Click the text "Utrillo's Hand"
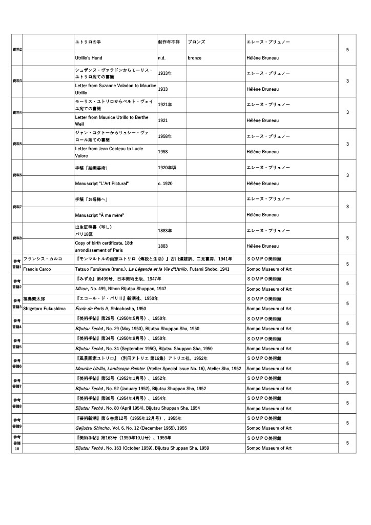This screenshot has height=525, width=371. tap(89, 58)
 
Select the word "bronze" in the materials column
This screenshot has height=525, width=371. tap(194, 58)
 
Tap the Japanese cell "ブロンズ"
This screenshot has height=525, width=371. tap(197, 42)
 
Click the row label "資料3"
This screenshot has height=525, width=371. tap(17, 81)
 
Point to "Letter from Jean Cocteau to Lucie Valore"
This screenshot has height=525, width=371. tap(109, 152)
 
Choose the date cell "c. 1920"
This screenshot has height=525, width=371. tap(166, 184)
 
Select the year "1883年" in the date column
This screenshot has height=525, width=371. tap(165, 231)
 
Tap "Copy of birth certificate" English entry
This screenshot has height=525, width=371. tap(108, 246)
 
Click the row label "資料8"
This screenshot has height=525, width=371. tap(17, 238)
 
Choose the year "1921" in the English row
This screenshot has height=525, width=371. tap(163, 120)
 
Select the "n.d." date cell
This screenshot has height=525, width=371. tap(161, 58)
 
